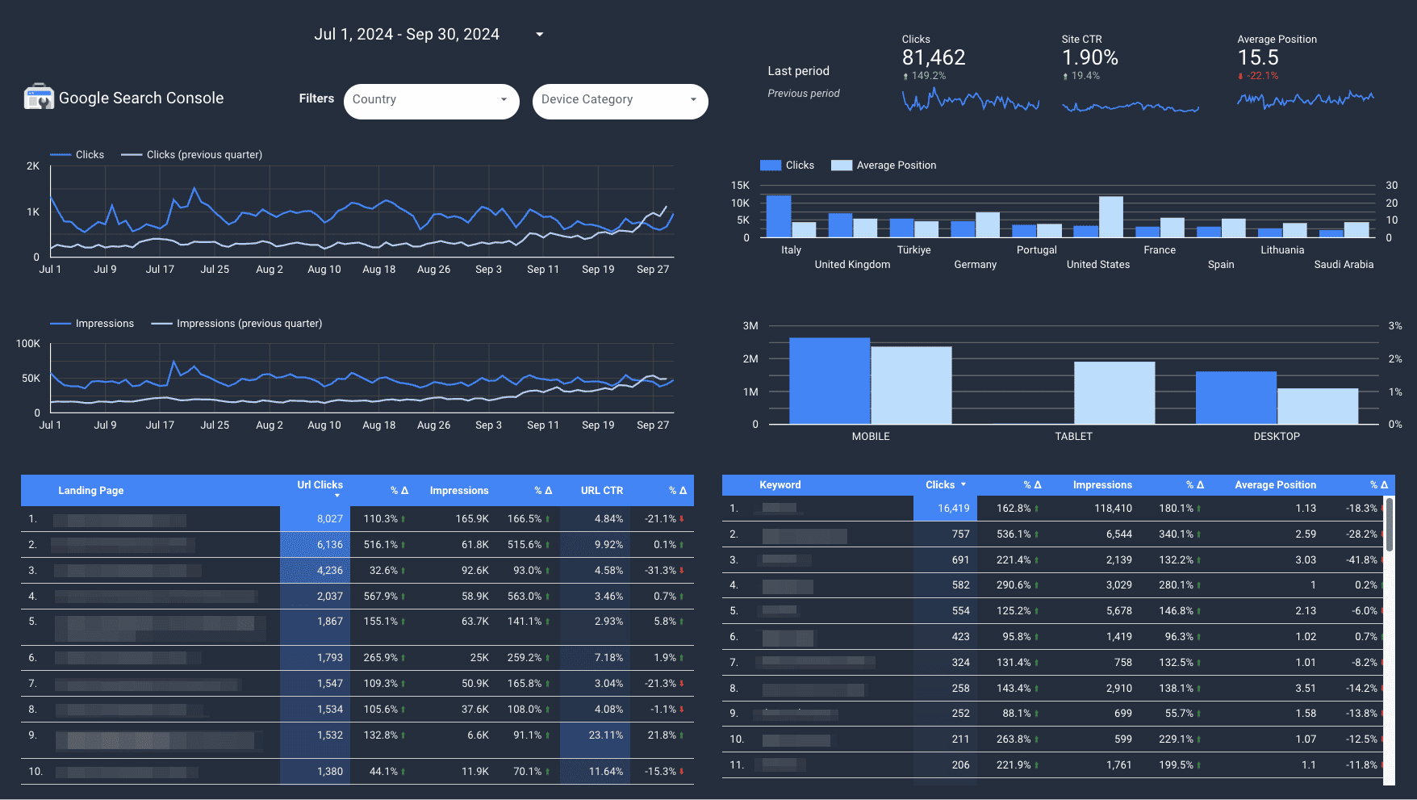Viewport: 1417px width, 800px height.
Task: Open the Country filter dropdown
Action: pyautogui.click(x=431, y=101)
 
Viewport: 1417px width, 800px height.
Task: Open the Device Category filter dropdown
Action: pyautogui.click(x=620, y=101)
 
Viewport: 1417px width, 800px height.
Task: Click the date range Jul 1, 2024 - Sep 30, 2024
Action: pyautogui.click(x=407, y=35)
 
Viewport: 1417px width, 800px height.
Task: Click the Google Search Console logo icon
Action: pyautogui.click(x=39, y=97)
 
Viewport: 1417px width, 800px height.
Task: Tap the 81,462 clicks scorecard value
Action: pyautogui.click(x=933, y=58)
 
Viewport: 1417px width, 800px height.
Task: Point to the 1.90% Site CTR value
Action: pyautogui.click(x=1089, y=58)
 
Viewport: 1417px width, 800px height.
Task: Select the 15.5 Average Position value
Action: pyautogui.click(x=1258, y=58)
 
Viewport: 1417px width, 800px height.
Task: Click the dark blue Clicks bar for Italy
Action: pyautogui.click(x=778, y=216)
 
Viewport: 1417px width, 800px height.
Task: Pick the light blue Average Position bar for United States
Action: pyautogui.click(x=1110, y=216)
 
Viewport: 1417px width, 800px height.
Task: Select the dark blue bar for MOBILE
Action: pyautogui.click(x=829, y=380)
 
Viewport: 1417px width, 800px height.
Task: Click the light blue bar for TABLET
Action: pyautogui.click(x=1114, y=392)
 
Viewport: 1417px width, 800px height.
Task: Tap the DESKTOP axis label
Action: pyautogui.click(x=1276, y=437)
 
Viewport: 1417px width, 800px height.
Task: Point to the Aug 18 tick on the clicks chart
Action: pyautogui.click(x=378, y=270)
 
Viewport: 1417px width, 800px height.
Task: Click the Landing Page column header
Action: pyautogui.click(x=91, y=491)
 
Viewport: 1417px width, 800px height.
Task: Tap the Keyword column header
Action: pyautogui.click(x=780, y=485)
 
